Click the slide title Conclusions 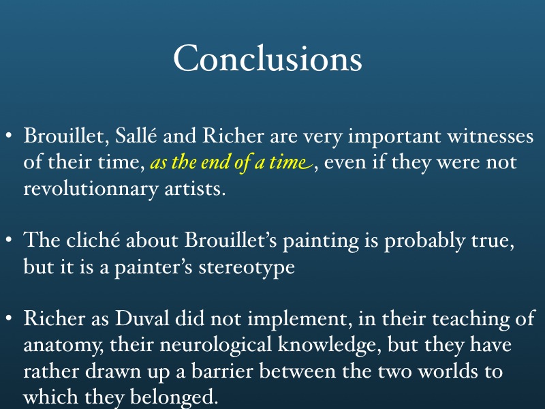268,58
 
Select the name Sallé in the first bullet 136,135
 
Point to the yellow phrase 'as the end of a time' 232,162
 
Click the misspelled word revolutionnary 91,189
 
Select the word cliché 93,240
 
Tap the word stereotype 247,267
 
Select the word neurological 215,345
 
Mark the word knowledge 329,345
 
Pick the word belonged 174,397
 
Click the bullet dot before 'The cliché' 10,240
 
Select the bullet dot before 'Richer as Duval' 10,318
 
